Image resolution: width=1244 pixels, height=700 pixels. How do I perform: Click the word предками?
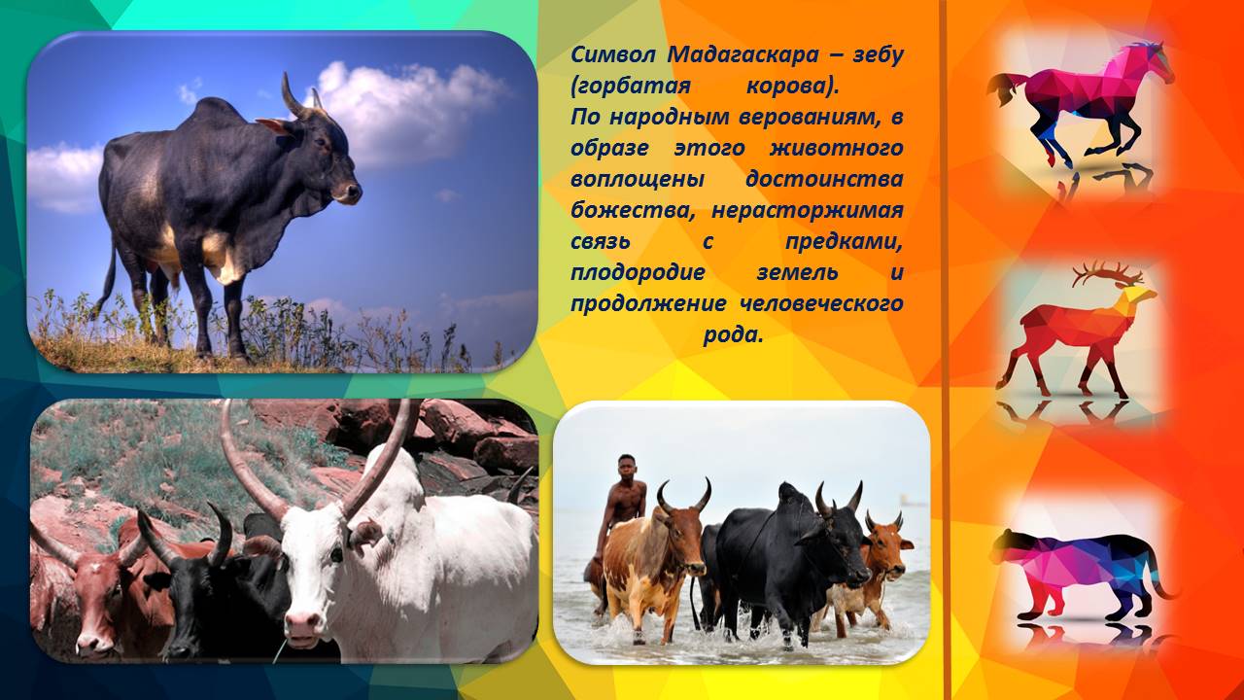[844, 243]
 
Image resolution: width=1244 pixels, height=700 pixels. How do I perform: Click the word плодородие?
[638, 273]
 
